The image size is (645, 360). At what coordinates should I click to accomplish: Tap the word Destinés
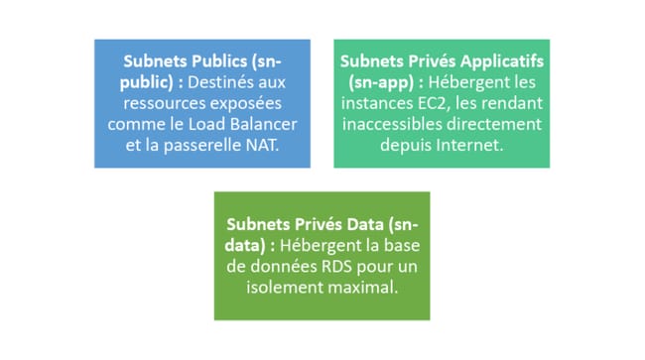231,82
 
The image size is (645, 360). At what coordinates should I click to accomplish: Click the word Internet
469,145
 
